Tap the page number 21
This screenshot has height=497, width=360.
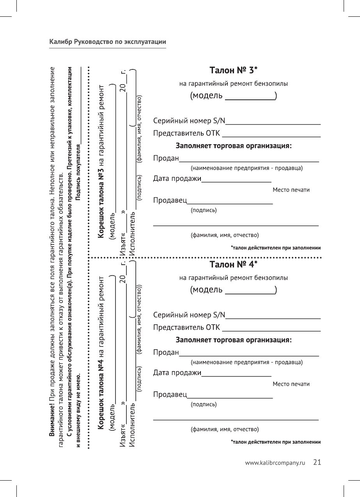(x=317, y=463)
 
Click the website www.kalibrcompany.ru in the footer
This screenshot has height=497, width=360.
(x=275, y=463)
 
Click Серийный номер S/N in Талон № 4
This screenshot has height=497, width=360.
(x=189, y=315)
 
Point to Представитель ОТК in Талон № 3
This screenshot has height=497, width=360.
(x=186, y=134)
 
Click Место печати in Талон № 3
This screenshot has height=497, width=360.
(x=291, y=190)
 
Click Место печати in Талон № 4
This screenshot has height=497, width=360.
(x=291, y=384)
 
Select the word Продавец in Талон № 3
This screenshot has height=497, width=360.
(x=170, y=200)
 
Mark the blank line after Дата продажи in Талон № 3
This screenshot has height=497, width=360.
(x=236, y=181)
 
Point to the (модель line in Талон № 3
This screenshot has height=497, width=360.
(x=233, y=96)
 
